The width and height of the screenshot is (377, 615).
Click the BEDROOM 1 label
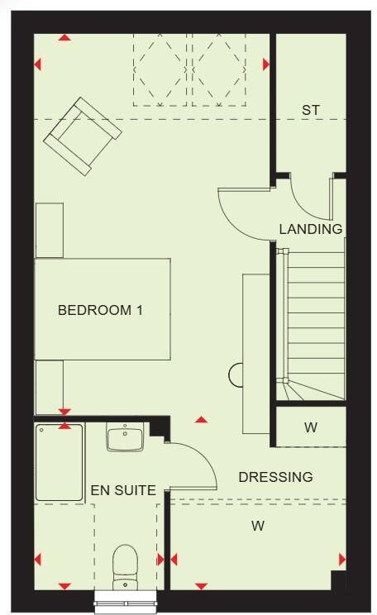[100, 311]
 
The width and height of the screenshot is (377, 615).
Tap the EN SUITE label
[122, 490]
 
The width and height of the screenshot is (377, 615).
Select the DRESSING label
[275, 477]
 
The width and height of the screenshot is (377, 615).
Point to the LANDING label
[310, 229]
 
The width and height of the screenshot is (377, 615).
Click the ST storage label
[311, 109]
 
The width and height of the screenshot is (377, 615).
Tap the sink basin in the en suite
[125, 436]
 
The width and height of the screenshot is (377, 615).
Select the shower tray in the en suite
[59, 463]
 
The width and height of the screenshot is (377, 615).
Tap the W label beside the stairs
[310, 427]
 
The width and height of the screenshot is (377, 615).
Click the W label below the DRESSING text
[257, 525]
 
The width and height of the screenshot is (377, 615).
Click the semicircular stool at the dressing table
[235, 374]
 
